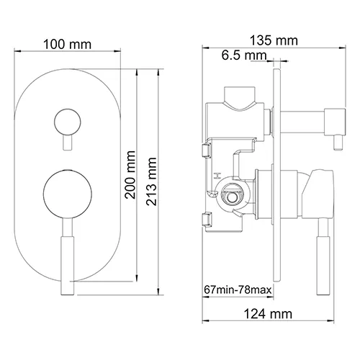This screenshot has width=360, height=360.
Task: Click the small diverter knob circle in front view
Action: tap(69, 122)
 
